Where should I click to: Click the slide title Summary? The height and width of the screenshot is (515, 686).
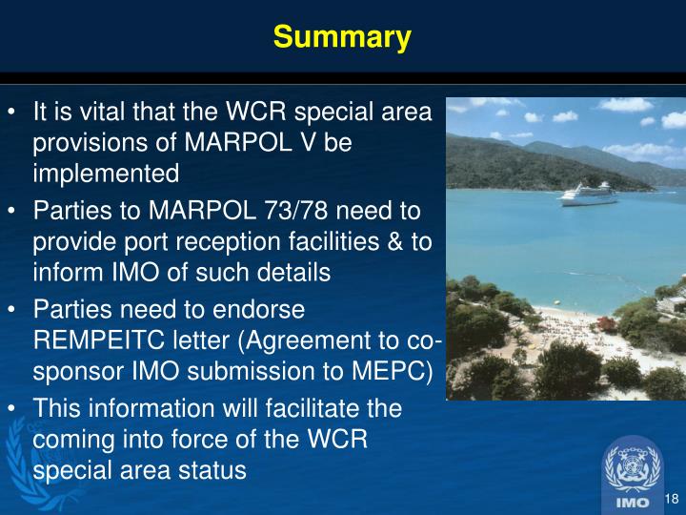[342, 37]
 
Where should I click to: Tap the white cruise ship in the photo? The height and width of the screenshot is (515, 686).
[588, 194]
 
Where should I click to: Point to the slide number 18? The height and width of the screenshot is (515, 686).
[670, 499]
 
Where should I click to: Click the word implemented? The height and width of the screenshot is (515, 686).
[106, 174]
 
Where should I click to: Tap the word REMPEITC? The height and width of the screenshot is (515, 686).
[102, 340]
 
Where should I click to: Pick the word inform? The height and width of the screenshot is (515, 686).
[62, 271]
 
